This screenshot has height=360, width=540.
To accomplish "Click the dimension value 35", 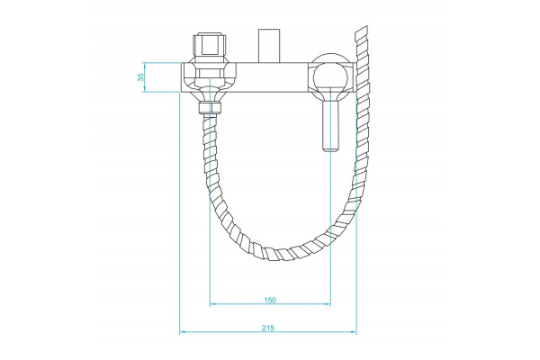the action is (141, 77).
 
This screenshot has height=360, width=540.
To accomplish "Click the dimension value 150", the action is (270, 300).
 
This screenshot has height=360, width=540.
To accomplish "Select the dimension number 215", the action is (268, 328).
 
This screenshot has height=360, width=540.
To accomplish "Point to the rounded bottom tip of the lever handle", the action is (331, 149).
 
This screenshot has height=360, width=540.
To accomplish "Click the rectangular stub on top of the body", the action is (269, 46).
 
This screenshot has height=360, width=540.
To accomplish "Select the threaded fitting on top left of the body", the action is (210, 46).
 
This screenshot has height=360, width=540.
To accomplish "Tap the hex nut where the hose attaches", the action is (210, 107).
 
